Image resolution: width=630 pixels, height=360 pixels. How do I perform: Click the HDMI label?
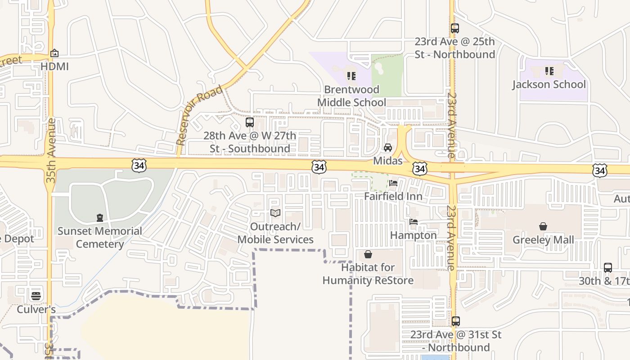54,67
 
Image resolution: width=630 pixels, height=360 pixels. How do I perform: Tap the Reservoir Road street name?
199,115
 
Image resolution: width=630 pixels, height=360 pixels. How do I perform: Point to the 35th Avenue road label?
50,150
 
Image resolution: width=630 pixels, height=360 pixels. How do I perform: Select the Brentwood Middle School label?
351,96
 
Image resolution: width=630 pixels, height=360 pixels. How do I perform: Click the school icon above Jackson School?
549,71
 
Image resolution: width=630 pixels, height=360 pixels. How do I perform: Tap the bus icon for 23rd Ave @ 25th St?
454,28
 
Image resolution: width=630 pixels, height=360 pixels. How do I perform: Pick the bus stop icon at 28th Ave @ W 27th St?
250,122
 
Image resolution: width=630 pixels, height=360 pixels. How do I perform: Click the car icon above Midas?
387,148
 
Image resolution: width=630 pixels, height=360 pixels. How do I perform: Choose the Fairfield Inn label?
393,197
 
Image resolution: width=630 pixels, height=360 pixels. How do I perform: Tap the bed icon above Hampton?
413,222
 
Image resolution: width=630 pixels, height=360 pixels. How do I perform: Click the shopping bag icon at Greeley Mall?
543,226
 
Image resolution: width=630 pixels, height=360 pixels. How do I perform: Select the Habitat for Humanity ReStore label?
368,274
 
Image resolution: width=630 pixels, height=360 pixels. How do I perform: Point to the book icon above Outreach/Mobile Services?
275,213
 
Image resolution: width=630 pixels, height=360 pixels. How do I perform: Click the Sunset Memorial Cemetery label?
99,238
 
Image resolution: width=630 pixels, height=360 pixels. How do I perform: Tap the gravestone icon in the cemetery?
99,218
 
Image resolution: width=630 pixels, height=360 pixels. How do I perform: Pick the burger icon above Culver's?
36,296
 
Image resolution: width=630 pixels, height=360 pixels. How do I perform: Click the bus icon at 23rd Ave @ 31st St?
455,321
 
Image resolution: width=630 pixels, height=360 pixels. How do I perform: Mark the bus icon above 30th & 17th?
607,268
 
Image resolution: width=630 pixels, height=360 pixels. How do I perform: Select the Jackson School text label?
549,85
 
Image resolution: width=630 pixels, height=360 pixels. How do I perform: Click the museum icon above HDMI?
54,53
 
